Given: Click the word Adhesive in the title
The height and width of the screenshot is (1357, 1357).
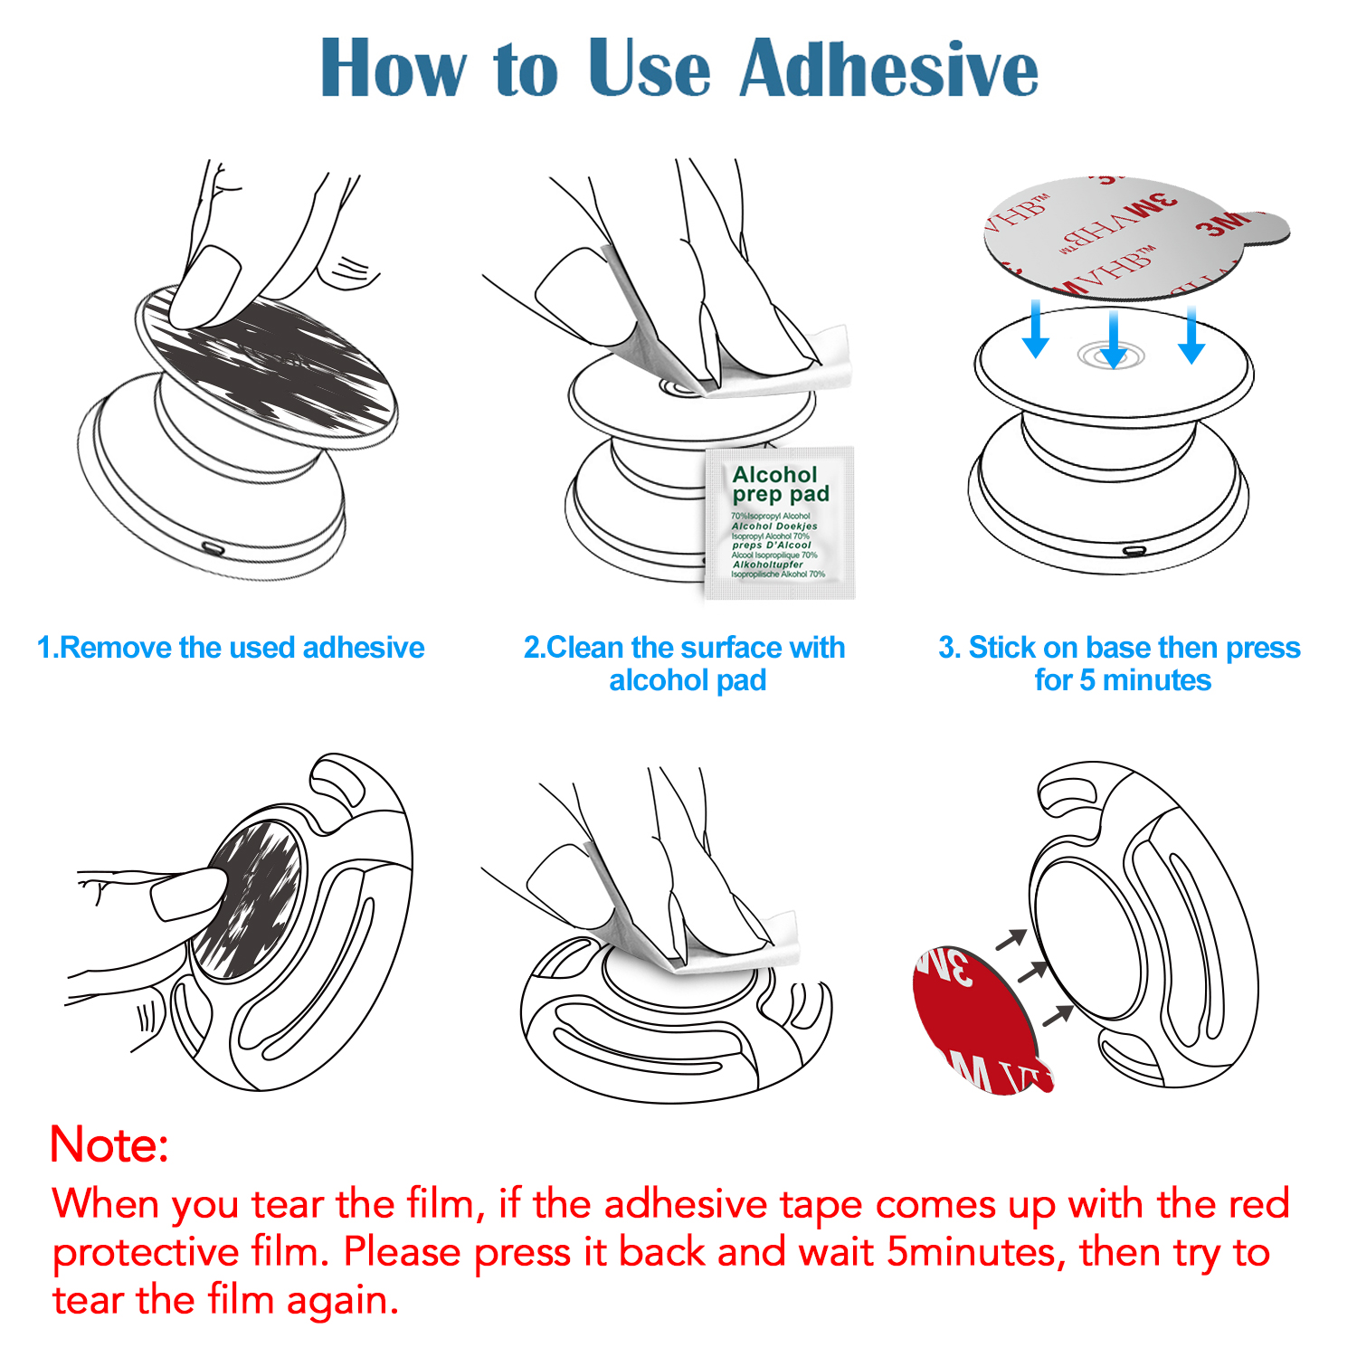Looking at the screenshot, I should click(888, 69).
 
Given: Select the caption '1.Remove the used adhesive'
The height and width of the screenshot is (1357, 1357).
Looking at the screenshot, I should click(231, 648).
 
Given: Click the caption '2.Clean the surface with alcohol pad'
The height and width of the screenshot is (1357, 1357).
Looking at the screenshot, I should click(685, 663).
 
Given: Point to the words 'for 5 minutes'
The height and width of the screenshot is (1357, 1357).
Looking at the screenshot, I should click(1122, 680).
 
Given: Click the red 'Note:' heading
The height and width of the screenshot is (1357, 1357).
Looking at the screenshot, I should click(109, 1144).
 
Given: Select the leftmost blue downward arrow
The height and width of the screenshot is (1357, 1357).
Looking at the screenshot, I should click(1036, 330).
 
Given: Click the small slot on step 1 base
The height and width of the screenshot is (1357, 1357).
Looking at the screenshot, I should click(213, 548).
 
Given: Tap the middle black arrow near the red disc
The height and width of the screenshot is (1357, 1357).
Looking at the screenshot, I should click(1032, 973).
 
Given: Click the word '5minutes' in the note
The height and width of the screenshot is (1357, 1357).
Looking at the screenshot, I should click(971, 1252).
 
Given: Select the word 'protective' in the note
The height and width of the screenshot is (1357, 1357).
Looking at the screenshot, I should click(145, 1252).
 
